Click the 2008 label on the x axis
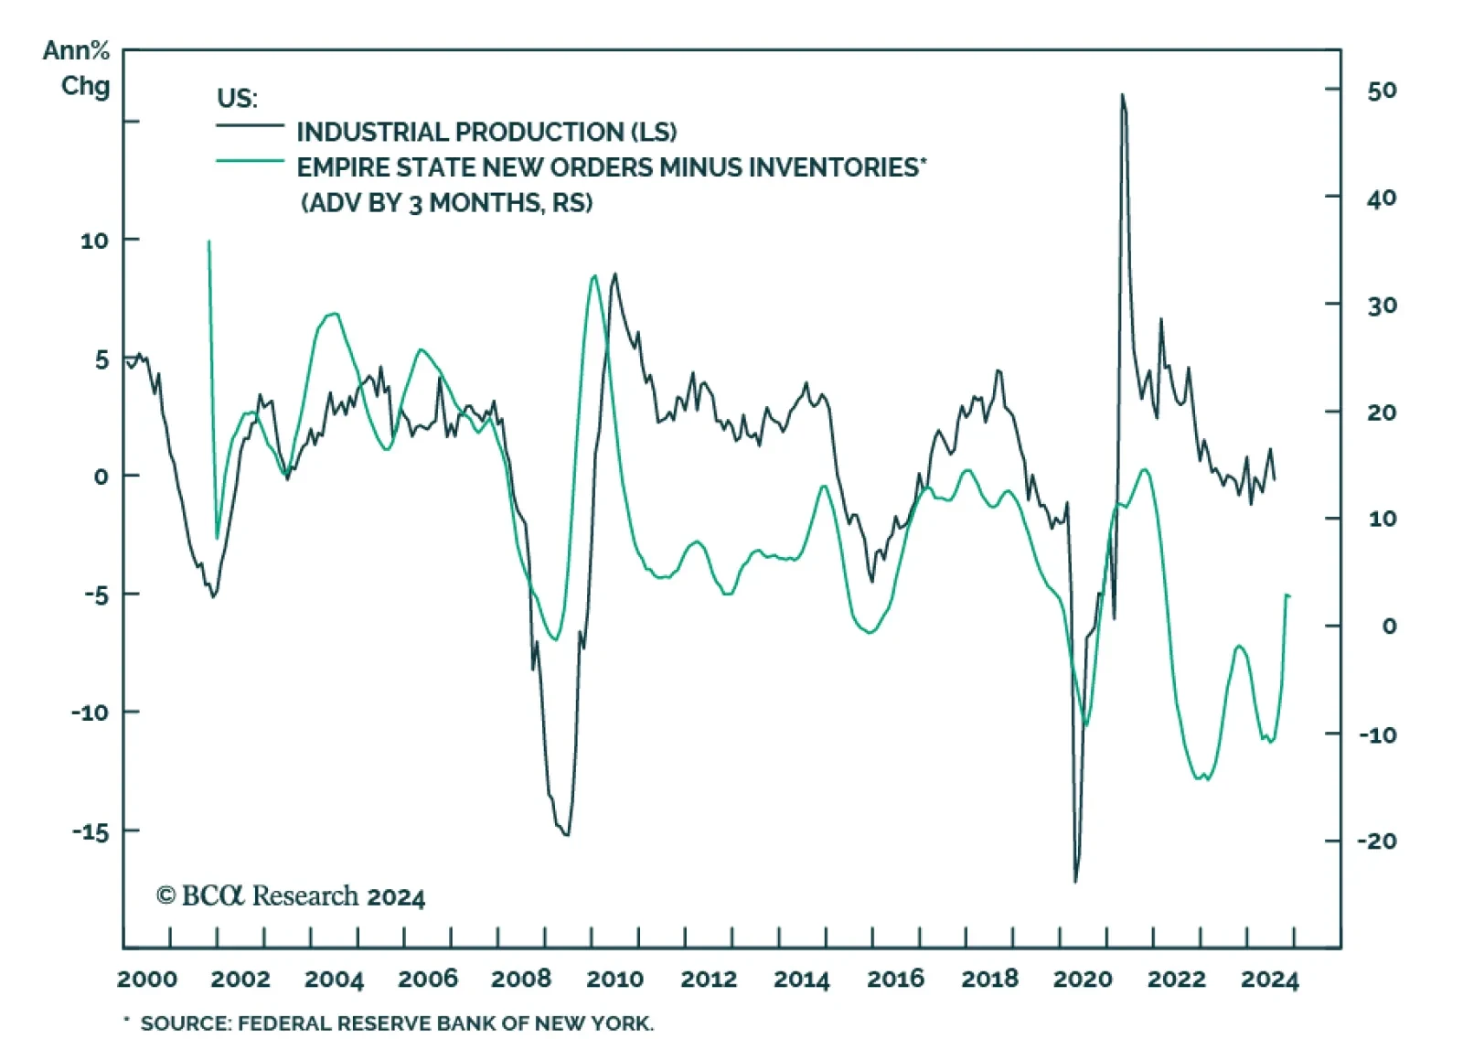click(521, 979)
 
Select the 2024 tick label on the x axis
click(1269, 979)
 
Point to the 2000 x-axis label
click(147, 979)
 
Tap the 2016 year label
click(895, 979)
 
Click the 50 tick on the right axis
click(1382, 91)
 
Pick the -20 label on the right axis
click(1377, 841)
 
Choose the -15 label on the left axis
click(91, 831)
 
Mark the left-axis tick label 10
click(94, 241)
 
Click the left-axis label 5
click(101, 359)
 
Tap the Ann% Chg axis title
click(77, 68)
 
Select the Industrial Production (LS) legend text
click(486, 132)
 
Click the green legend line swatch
click(250, 162)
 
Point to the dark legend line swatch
click(250, 125)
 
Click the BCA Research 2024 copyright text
click(291, 895)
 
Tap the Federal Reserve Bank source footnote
click(397, 1023)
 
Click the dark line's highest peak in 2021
click(1122, 95)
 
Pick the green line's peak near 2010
click(594, 275)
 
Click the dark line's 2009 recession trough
click(567, 834)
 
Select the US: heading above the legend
click(237, 98)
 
